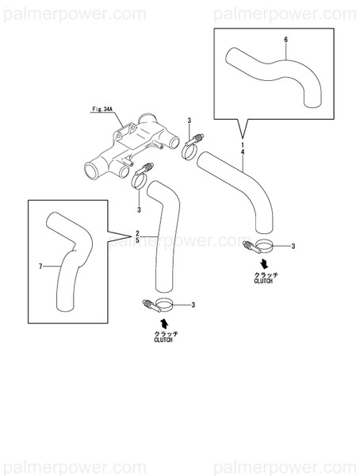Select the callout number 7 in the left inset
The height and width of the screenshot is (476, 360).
coord(40,265)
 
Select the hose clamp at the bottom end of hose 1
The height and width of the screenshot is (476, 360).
coord(258,246)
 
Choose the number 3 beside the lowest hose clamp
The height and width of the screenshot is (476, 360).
coord(193,304)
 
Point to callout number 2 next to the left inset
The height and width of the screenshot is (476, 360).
coord(138,231)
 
